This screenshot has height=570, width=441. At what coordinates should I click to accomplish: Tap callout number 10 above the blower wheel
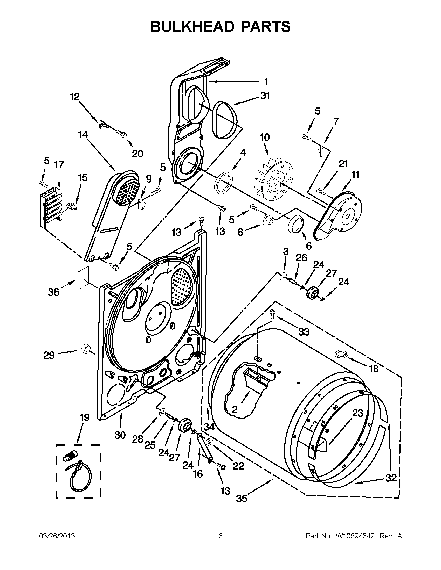(x=265, y=138)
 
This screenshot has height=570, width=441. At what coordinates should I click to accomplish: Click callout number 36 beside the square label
(x=54, y=292)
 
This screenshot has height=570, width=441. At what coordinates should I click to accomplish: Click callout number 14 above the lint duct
(x=83, y=135)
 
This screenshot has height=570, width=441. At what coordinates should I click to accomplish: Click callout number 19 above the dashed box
(x=85, y=417)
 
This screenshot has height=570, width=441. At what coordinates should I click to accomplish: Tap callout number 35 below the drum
(x=241, y=499)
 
